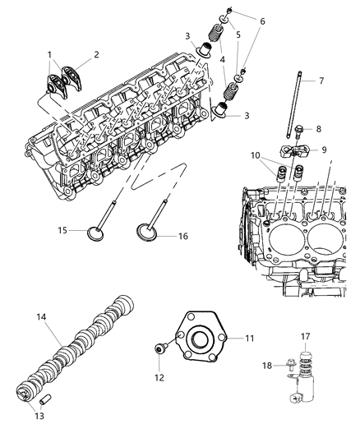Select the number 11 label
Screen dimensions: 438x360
249,338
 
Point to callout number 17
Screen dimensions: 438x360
305,335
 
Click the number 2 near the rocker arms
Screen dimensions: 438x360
95,55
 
